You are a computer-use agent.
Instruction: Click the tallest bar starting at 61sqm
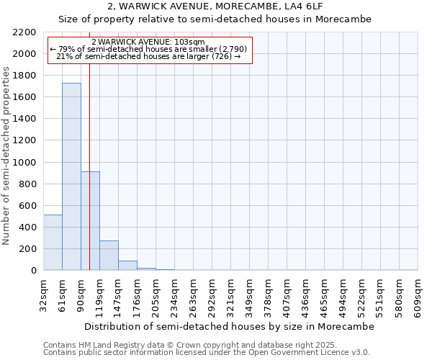tap(71, 176)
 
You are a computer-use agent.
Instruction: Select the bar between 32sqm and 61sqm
tap(53, 243)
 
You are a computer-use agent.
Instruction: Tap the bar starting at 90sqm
tap(90, 220)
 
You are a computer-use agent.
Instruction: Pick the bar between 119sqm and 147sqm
tap(109, 255)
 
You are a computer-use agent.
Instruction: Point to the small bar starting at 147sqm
tap(127, 265)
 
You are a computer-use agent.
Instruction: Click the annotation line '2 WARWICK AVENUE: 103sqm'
tap(149, 42)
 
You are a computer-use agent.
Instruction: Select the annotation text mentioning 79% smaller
tap(149, 49)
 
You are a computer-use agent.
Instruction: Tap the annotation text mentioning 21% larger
tap(149, 56)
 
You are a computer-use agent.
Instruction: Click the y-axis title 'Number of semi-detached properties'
tap(7, 156)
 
